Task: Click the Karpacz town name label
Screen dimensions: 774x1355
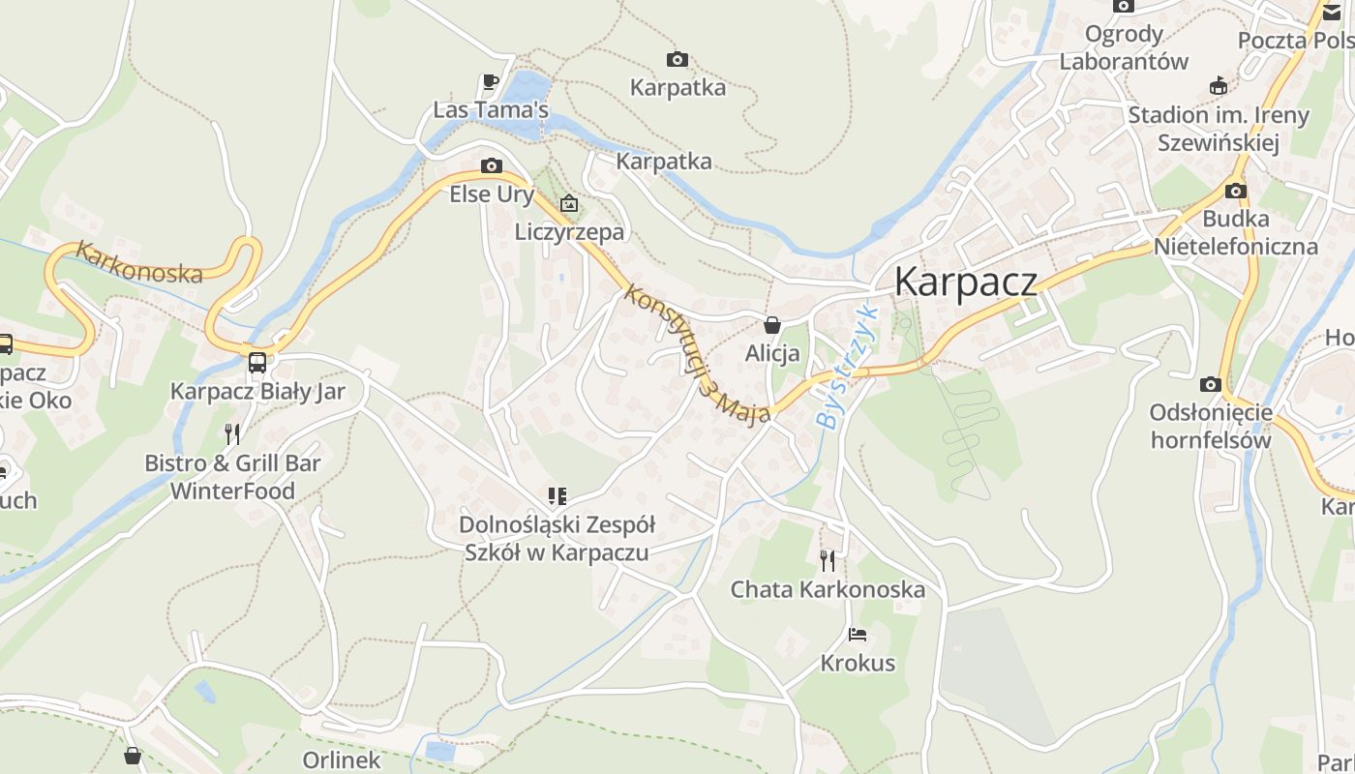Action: (965, 282)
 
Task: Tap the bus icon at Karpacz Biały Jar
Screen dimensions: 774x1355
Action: (257, 363)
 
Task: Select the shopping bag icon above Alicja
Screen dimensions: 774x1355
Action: (772, 325)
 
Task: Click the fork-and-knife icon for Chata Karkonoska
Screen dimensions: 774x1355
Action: (828, 560)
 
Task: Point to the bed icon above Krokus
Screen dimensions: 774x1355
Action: (858, 635)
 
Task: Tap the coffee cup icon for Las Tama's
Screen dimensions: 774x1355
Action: (491, 81)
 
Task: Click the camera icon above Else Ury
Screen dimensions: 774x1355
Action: (492, 165)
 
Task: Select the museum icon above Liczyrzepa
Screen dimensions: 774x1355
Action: (569, 203)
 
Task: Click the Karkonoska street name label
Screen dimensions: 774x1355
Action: (140, 263)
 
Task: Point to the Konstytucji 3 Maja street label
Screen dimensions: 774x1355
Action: (696, 352)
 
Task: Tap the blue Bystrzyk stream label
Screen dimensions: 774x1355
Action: (846, 367)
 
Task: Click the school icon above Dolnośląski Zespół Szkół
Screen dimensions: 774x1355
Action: (557, 496)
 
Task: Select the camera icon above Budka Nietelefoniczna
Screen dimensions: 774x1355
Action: (1236, 191)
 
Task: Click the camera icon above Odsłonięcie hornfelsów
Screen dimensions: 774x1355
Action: (1210, 384)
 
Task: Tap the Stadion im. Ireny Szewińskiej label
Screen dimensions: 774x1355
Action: (1218, 130)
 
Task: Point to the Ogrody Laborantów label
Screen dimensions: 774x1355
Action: (1123, 47)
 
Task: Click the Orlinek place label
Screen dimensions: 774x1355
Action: (342, 759)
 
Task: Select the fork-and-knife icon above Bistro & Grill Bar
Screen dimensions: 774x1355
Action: (232, 433)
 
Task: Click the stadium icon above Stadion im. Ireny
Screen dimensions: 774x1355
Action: (1218, 86)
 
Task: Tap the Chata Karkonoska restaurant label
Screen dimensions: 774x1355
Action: (828, 589)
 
